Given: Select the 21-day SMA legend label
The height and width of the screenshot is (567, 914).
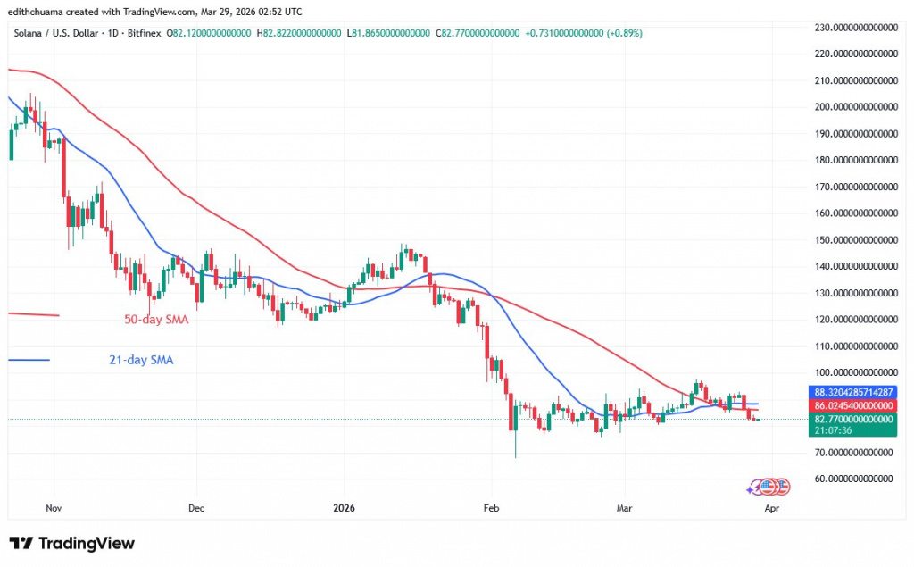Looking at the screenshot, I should click(x=135, y=360).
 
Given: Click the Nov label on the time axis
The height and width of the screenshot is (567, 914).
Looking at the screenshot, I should click(x=53, y=508).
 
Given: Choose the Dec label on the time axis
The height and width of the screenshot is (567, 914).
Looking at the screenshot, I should click(x=197, y=508).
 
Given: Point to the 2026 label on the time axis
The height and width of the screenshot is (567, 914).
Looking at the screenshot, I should click(x=344, y=508).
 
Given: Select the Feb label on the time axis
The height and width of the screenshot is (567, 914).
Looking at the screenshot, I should click(x=490, y=508).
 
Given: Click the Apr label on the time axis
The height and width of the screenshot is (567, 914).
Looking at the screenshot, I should click(x=773, y=508).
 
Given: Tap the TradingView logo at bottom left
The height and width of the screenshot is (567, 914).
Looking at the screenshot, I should click(x=72, y=544).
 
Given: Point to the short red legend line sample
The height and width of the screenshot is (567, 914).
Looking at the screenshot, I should click(x=32, y=314).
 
